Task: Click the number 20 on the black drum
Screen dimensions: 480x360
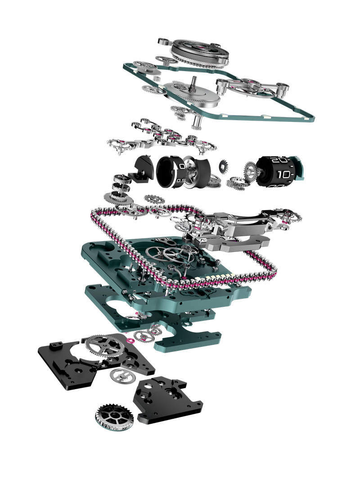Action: point(279,160)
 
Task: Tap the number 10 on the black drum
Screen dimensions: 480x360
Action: point(283,174)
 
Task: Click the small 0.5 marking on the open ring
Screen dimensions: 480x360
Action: point(181,181)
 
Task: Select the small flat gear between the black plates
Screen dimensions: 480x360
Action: point(121,374)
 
